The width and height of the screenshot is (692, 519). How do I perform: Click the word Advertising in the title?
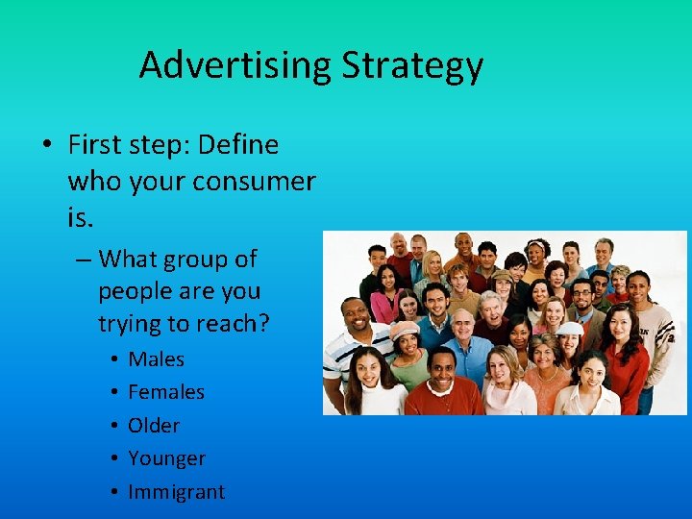[235, 65]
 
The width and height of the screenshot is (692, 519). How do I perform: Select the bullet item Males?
[156, 359]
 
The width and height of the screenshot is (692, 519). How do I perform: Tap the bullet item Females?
[166, 392]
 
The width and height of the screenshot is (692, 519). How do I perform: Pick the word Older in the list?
[154, 426]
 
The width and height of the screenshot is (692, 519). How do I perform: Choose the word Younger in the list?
[166, 458]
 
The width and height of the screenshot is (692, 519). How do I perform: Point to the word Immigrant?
[176, 492]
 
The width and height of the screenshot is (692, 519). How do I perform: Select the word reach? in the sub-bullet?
[230, 324]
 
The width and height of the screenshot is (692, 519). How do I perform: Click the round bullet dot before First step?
[45, 146]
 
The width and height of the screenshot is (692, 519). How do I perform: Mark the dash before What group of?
[81, 259]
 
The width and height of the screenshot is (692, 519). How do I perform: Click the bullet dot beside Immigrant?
[114, 492]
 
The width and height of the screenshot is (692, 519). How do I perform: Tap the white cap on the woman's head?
[569, 329]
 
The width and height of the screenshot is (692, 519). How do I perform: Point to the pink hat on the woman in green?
[405, 329]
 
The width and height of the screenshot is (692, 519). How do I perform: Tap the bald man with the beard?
[398, 246]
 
